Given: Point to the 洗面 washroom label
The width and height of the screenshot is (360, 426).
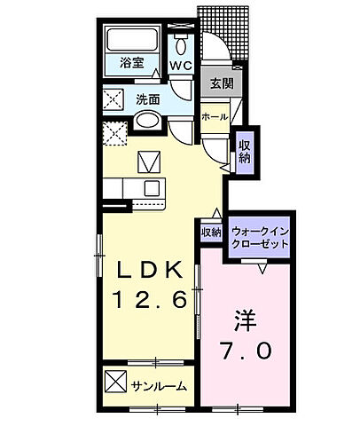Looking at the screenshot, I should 147,99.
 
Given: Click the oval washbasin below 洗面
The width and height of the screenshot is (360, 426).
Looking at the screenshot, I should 148,122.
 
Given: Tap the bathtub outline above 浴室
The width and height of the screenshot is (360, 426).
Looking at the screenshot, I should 132,41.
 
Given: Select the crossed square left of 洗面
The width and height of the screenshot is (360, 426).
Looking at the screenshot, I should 113,99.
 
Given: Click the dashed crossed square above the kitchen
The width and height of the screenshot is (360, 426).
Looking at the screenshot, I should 113,134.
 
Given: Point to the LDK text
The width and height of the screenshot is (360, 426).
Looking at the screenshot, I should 148,267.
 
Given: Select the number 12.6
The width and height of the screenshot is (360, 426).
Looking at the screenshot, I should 148,302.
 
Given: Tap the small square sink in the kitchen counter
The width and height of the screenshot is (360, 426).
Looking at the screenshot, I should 151,187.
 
